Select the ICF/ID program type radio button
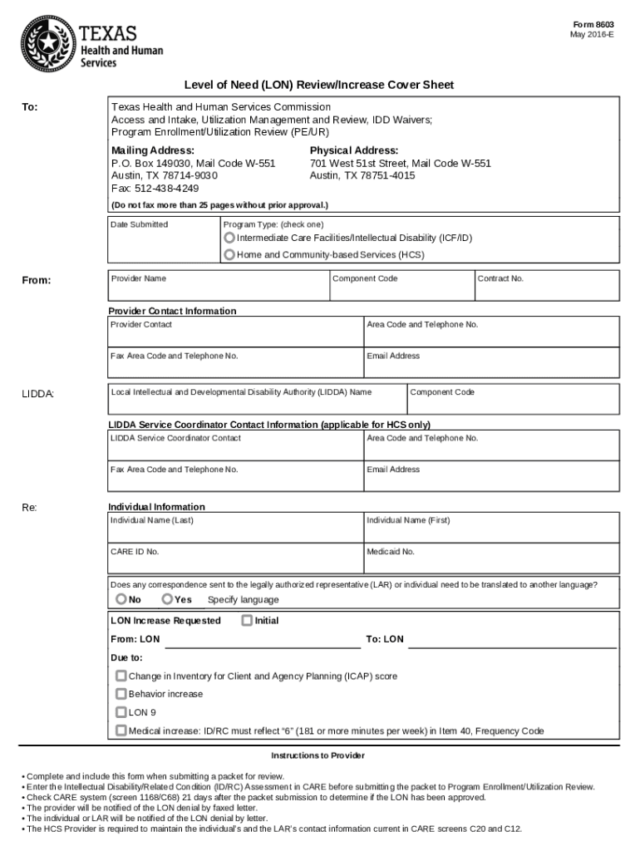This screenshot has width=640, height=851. (x=229, y=239)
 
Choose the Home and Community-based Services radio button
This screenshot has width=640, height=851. (x=229, y=255)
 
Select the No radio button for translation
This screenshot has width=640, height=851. (x=121, y=599)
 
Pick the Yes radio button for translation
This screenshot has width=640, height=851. (x=167, y=599)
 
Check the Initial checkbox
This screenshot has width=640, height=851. (x=246, y=620)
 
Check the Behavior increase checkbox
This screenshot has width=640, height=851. (x=121, y=694)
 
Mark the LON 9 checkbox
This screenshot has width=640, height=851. (x=121, y=712)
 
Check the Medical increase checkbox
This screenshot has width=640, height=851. (x=121, y=730)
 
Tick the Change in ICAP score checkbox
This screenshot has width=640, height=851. (x=121, y=676)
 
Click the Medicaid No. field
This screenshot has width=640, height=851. (x=491, y=561)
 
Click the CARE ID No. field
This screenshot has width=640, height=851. (x=235, y=561)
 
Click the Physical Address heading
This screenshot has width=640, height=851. (x=353, y=150)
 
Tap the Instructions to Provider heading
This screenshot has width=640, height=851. (x=318, y=755)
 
